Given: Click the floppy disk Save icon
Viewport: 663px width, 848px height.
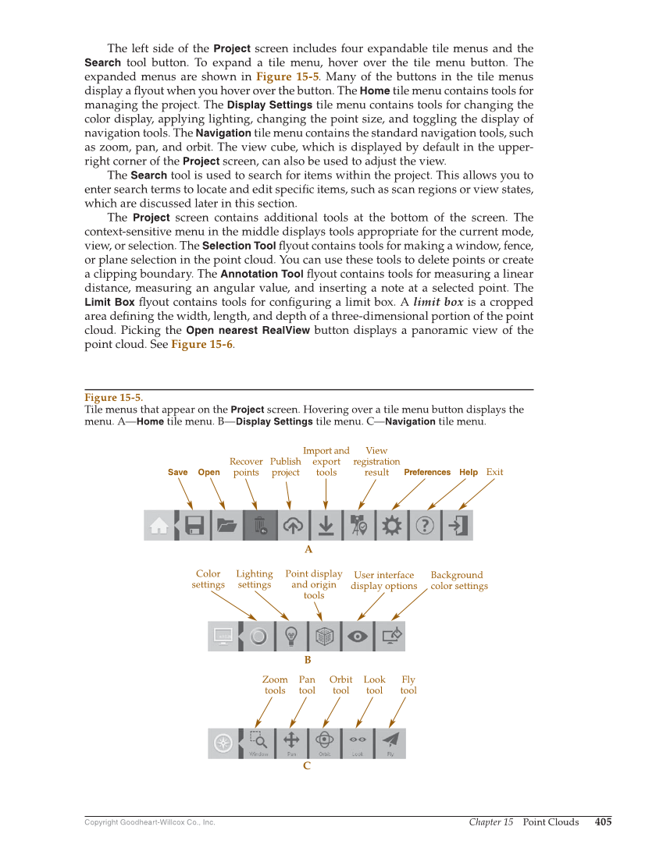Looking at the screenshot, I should point(194,525).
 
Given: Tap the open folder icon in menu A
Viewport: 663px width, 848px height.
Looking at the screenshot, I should point(226,525).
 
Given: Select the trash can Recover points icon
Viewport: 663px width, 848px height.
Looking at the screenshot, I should point(260,525).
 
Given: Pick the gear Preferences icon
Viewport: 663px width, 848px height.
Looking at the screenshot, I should point(391,525).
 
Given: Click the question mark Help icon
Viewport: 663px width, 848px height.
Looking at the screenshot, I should point(424,525).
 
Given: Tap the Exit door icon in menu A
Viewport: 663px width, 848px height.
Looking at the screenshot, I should point(458,525).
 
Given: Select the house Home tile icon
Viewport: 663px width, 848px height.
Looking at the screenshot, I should point(159,526).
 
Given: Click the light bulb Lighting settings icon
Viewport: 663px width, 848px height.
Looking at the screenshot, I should point(291,637).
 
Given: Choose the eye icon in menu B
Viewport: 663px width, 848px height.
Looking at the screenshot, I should point(358,637).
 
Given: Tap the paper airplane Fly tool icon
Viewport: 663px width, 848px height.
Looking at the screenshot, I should point(390,742).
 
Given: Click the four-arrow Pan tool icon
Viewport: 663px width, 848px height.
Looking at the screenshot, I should point(291,742).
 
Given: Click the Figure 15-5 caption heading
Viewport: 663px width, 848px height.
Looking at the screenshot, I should point(113,398).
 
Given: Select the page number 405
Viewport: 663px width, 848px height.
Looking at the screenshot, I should point(603,821).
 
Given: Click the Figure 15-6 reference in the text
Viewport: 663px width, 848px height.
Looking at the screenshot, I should point(201,344).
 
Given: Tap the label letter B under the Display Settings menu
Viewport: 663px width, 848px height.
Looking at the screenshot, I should point(308,660).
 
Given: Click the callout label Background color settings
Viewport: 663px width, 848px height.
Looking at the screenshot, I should point(458,580).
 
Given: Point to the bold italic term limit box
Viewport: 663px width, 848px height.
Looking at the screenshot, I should point(437,302).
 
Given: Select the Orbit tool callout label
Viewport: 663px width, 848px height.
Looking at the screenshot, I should point(340,685).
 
